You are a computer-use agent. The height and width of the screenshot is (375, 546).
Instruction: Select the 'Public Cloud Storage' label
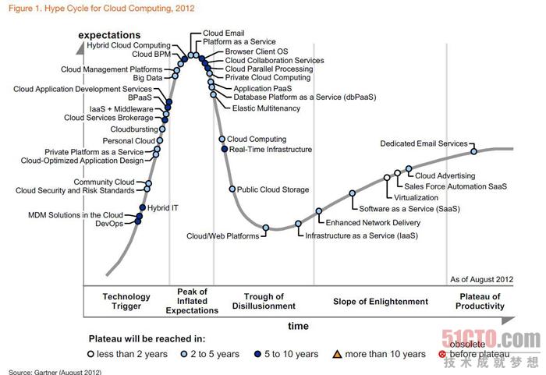point(273,189)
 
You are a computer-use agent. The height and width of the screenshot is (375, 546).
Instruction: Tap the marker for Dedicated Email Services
point(473,151)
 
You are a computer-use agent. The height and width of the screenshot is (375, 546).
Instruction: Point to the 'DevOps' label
point(108,224)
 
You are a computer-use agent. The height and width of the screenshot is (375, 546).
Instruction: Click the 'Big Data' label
point(148,78)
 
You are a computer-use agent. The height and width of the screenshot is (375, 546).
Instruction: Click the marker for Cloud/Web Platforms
point(266,228)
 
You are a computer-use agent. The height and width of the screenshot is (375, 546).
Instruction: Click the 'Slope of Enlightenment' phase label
point(381,302)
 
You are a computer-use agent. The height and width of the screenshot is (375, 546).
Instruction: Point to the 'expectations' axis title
point(110,35)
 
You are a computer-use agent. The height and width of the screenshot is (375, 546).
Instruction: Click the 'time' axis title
point(298,326)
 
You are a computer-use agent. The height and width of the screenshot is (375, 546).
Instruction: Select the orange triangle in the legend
point(339,355)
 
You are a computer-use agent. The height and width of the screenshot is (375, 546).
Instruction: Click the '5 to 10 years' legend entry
point(288,355)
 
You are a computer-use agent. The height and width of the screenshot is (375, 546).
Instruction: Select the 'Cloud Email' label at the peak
point(223,33)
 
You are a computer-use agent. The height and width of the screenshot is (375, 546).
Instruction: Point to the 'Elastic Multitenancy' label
point(267,108)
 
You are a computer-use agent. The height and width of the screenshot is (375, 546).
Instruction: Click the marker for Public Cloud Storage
point(232,189)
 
